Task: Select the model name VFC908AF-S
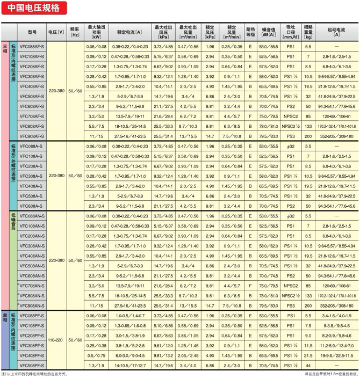tap(32, 137)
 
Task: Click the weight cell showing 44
tap(308, 365)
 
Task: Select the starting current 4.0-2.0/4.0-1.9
tap(336, 315)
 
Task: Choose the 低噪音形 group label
tap(13, 222)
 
